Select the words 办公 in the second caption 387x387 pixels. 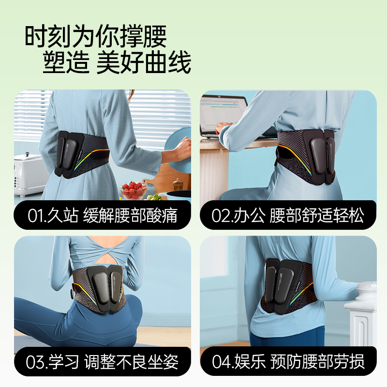[249, 215]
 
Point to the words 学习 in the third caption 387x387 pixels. [63, 362]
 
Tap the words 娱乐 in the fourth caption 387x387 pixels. [250, 361]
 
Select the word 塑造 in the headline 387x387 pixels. [66, 62]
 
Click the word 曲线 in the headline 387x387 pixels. [168, 62]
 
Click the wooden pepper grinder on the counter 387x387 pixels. [178, 185]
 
